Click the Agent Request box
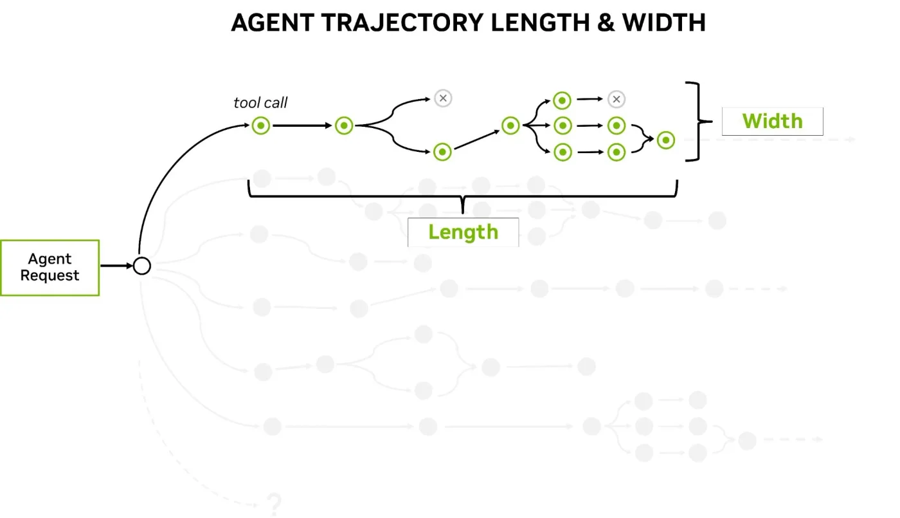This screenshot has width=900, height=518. click(50, 268)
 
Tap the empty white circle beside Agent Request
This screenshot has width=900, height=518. click(142, 266)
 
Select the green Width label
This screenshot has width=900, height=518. click(772, 121)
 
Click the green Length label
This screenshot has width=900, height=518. click(464, 232)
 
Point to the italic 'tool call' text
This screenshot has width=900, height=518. click(260, 102)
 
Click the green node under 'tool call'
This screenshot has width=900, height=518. click(261, 125)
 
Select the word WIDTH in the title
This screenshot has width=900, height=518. click(664, 23)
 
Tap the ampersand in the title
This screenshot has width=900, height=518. click(606, 23)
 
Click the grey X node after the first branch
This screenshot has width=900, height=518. click(443, 98)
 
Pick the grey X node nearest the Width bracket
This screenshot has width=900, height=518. click(616, 99)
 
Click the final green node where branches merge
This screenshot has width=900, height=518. click(666, 140)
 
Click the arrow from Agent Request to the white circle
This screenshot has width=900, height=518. click(116, 265)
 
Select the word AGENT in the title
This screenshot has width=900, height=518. click(273, 23)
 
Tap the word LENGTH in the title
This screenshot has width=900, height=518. click(541, 23)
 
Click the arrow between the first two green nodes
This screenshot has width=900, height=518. click(302, 125)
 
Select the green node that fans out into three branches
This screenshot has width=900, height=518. click(510, 125)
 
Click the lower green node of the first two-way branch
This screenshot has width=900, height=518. click(442, 152)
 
